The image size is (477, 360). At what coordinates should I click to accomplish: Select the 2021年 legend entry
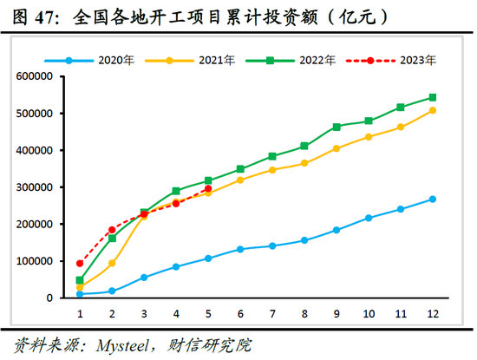click(x=199, y=60)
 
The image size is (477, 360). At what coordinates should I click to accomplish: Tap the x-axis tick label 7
click(x=272, y=313)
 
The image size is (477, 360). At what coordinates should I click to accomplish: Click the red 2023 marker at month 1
click(x=80, y=263)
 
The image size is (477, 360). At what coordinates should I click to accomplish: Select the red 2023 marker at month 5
click(x=208, y=188)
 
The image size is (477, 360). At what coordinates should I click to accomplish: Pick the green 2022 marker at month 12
click(x=433, y=97)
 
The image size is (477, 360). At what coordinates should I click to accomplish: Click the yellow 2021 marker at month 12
click(x=433, y=110)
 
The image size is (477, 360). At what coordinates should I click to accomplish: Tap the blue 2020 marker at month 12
click(x=433, y=199)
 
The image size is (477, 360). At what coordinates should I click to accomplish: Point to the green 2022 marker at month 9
click(x=337, y=127)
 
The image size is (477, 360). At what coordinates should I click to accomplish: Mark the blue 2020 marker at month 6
click(x=240, y=249)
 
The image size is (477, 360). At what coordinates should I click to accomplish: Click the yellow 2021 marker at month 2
click(x=112, y=263)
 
